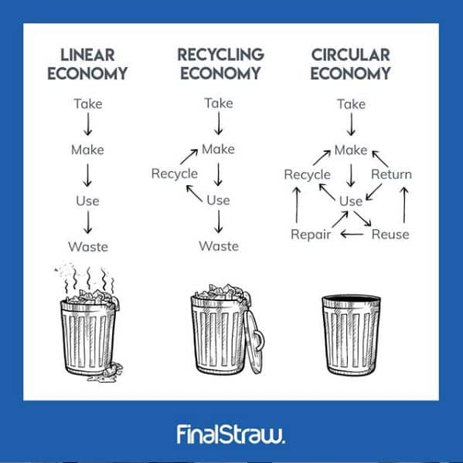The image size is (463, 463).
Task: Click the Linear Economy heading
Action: point(87,64)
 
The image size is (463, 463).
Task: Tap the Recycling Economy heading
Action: point(220,64)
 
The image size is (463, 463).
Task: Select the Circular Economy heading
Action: point(351,64)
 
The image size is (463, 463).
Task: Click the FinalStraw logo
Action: point(231,434)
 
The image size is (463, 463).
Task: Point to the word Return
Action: point(391,174)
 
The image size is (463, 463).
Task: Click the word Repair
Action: point(311,235)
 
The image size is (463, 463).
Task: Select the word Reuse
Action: point(390,235)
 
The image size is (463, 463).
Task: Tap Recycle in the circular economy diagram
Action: point(307,174)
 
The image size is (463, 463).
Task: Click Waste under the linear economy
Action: point(88,247)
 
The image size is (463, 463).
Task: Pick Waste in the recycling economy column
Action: point(219,246)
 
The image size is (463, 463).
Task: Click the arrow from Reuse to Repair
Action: point(352,235)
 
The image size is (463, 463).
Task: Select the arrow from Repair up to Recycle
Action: point(297,204)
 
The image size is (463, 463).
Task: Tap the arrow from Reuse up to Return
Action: point(404,204)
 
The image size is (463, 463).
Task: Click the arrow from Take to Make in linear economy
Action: point(88,124)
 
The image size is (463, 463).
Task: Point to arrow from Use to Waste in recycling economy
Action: point(219,221)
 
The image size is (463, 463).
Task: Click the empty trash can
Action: point(351,335)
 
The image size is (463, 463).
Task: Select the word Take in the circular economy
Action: point(351,104)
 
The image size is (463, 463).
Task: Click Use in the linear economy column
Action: point(87,201)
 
